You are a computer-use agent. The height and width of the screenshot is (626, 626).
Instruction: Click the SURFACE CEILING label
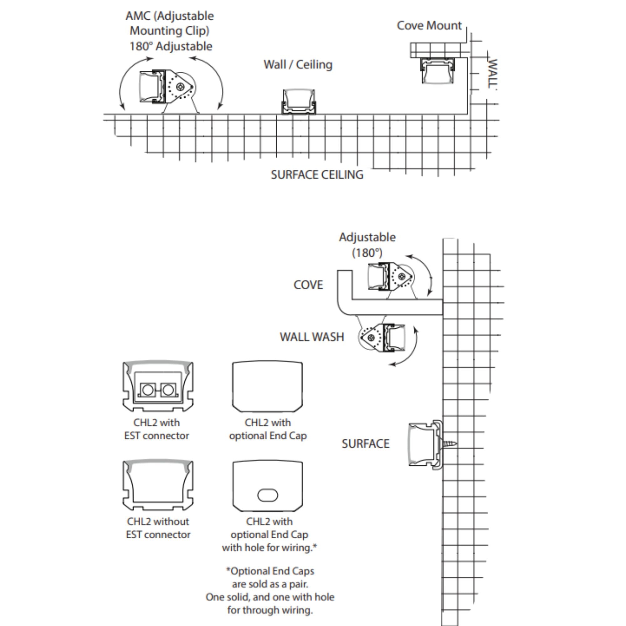[x=317, y=175]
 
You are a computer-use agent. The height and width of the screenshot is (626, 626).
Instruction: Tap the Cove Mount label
[x=429, y=26]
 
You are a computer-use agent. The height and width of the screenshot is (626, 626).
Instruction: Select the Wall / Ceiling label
[x=298, y=64]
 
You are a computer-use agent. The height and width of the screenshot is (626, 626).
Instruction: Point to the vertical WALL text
[x=492, y=74]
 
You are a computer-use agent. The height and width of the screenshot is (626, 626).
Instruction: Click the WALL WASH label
[x=312, y=337]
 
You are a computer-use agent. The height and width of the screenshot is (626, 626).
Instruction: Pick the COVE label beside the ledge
[x=308, y=285]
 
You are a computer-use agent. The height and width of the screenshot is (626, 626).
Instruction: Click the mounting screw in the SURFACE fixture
[x=449, y=443]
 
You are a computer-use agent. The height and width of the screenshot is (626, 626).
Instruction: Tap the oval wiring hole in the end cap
[x=267, y=495]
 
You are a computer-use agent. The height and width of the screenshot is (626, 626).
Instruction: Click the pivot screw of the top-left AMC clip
[x=180, y=87]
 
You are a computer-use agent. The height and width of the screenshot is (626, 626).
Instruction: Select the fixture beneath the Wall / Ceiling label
[x=298, y=102]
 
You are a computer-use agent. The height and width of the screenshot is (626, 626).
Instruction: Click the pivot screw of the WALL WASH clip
[x=371, y=338]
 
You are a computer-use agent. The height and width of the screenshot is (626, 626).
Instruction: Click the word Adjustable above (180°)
[x=367, y=237]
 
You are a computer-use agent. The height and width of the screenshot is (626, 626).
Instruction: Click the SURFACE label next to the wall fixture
[x=366, y=444]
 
